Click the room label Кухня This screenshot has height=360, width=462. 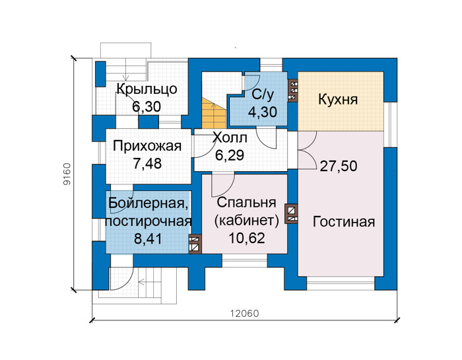[x=338, y=100]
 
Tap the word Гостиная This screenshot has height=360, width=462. [x=344, y=222]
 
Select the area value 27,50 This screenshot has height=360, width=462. [x=339, y=166]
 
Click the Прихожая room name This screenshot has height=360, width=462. [x=147, y=147]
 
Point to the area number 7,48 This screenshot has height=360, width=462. [x=147, y=164]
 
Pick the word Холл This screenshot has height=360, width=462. [x=230, y=137]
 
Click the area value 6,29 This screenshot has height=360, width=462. [x=230, y=155]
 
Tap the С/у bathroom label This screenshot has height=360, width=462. [x=263, y=94]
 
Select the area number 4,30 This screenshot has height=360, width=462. [x=262, y=112]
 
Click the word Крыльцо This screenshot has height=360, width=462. [x=147, y=89]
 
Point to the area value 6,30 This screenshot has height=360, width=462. [x=147, y=106]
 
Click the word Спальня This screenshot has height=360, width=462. [x=247, y=203]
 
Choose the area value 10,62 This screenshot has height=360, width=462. [x=247, y=238]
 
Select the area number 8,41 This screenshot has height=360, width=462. [x=148, y=239]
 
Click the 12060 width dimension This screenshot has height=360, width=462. [x=245, y=313]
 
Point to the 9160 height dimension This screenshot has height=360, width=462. [x=67, y=174]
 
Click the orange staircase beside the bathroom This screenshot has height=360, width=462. [x=213, y=114]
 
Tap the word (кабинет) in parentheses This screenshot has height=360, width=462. [x=247, y=221]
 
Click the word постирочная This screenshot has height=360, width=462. [x=148, y=221]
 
